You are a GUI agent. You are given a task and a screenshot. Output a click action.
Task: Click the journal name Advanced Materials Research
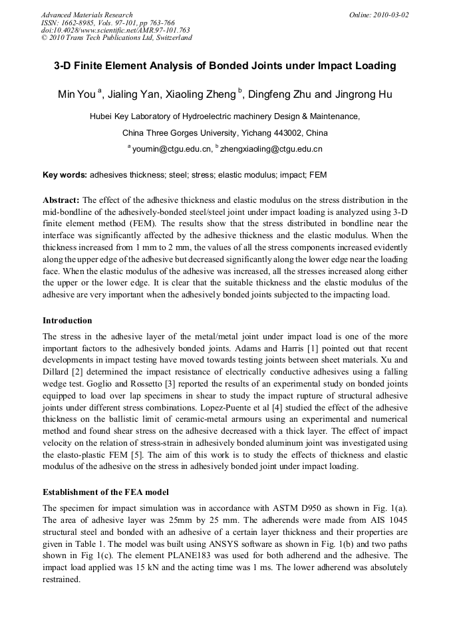point(86,15)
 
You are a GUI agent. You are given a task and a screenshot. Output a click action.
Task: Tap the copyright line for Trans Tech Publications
point(116,38)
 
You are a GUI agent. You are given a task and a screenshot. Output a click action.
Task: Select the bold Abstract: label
point(61,200)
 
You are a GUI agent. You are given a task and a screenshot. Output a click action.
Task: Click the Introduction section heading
point(67,321)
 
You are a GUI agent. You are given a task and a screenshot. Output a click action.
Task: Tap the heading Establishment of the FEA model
point(106,493)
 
